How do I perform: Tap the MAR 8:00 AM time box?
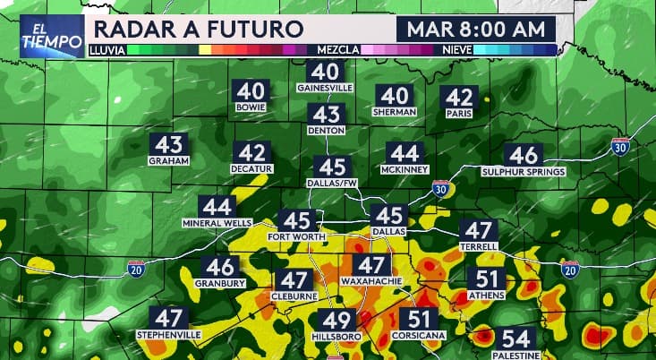point(475,28)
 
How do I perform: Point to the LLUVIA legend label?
point(106,51)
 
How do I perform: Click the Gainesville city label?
point(325,89)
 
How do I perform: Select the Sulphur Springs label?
point(524,171)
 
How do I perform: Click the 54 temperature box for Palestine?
point(515,339)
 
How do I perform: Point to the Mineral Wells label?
point(217,222)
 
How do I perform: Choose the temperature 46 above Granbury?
point(220,267)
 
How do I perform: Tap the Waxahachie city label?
point(369,281)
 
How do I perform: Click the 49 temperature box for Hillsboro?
point(337,321)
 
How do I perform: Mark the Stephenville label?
point(169,334)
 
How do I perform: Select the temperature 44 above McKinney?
point(405,153)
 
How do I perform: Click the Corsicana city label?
point(418,335)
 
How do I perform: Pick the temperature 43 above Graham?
point(169,144)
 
